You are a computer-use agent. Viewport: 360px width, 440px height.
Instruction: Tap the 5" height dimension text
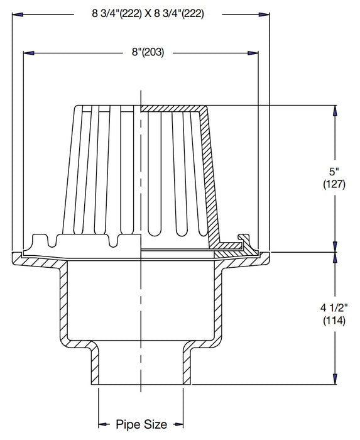tap(334, 170)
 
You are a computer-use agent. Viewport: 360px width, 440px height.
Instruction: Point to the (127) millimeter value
tap(334, 184)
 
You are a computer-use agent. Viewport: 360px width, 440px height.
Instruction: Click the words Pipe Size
tap(141, 424)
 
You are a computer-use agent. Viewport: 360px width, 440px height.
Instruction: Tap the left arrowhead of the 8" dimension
tap(28, 53)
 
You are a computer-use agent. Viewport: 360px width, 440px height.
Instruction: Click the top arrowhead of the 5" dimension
tap(334, 110)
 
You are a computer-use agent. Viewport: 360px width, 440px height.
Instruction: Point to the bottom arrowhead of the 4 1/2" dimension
tap(334, 380)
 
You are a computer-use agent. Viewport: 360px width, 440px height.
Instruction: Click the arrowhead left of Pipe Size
tap(102, 424)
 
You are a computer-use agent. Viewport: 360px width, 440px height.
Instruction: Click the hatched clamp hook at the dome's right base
tap(242, 242)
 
